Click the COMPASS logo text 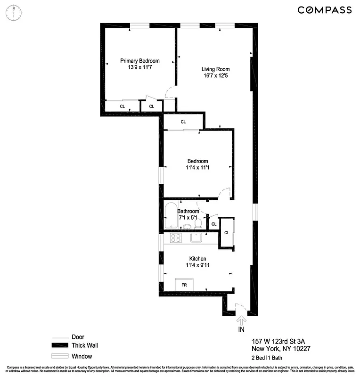324,10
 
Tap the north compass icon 14,12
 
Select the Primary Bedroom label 139,61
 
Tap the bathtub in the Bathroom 171,216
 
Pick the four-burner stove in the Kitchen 176,238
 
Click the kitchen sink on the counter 196,238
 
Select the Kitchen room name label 197,259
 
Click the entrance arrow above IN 241,321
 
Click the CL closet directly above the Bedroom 183,122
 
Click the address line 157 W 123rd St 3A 281,341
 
